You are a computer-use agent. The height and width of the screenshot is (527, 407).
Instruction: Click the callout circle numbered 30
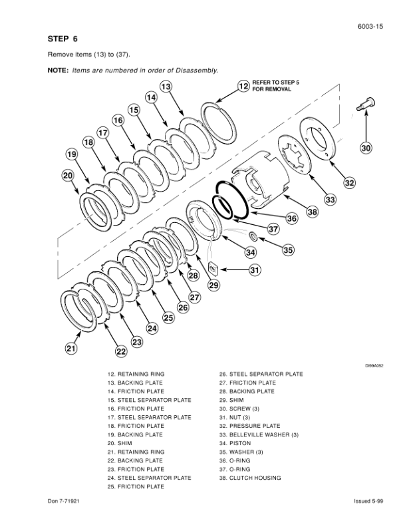[366, 148]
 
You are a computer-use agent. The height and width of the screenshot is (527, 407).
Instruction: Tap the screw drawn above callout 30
[366, 104]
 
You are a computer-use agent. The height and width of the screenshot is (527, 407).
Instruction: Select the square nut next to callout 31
[213, 268]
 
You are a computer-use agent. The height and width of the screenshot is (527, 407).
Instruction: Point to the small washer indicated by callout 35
[253, 236]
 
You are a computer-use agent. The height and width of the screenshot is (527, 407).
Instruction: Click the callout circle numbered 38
[313, 212]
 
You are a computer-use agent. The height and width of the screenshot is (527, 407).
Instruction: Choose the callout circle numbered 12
[244, 86]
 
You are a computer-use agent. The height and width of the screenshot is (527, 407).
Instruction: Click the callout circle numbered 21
[71, 348]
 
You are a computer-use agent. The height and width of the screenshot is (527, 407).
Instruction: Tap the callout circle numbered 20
[68, 176]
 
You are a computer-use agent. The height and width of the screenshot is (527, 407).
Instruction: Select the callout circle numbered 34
[251, 252]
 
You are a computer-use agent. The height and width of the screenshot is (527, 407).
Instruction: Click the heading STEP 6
[63, 39]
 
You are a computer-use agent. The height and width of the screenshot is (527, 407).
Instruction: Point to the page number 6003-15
[370, 27]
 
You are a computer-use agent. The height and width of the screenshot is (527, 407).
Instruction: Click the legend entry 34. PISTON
[235, 443]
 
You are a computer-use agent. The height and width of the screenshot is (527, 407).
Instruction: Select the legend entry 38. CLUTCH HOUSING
[250, 478]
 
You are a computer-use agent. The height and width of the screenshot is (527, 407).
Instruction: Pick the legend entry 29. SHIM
[231, 400]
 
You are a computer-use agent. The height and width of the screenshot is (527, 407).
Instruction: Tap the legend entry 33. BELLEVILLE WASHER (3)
[259, 435]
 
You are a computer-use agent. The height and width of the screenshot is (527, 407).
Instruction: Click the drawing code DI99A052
[374, 366]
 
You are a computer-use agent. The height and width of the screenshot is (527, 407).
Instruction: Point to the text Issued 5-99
[368, 501]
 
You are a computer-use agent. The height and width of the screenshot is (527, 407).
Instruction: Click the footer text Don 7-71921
[63, 501]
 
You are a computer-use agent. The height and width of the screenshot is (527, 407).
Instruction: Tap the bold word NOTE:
[58, 71]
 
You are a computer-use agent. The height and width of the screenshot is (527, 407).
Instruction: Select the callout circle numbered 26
[183, 307]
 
